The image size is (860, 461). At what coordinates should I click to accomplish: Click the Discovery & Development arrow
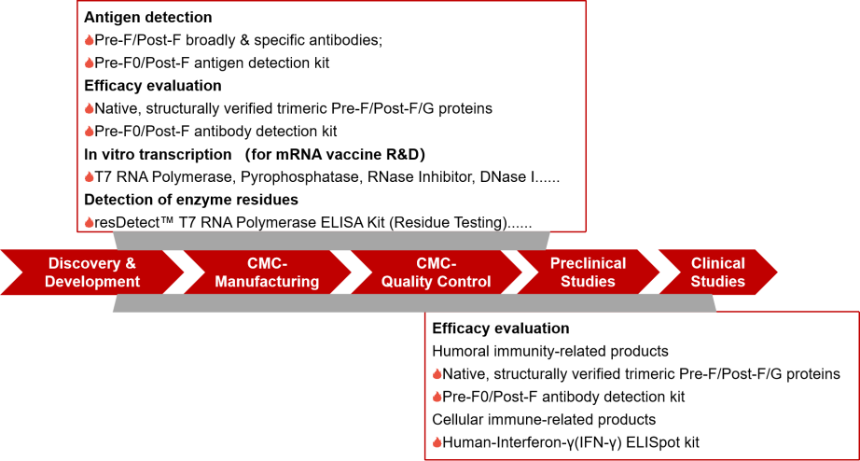click(91, 272)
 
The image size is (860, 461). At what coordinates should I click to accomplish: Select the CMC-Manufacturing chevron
click(267, 272)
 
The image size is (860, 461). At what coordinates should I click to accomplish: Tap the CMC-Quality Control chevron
click(435, 272)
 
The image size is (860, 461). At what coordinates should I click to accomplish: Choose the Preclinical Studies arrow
click(588, 272)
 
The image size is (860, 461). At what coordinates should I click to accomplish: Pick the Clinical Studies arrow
click(717, 272)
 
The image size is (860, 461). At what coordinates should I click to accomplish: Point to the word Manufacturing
click(267, 281)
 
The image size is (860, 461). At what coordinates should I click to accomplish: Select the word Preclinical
click(588, 263)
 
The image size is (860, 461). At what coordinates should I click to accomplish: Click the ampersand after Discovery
click(130, 263)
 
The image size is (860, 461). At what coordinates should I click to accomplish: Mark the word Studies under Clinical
click(717, 281)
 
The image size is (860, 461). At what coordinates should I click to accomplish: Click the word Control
click(466, 281)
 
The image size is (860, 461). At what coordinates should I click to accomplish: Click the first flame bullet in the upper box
click(90, 40)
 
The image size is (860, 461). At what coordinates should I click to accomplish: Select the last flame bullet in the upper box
click(90, 222)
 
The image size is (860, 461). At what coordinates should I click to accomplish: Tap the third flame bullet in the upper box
click(90, 108)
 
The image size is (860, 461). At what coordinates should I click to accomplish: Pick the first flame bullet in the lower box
click(437, 374)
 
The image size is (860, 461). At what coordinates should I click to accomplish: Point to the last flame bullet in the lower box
click(437, 442)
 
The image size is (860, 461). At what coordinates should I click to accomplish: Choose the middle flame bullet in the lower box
click(437, 397)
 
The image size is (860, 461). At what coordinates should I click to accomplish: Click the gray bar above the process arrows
click(331, 240)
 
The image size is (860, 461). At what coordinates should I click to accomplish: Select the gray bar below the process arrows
click(414, 302)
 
